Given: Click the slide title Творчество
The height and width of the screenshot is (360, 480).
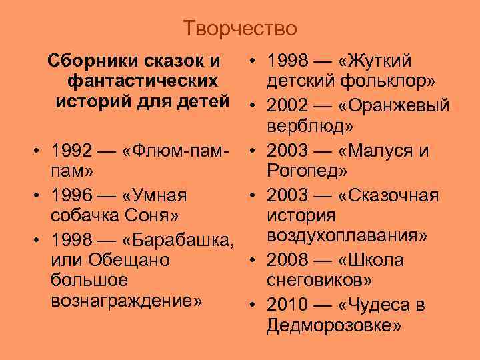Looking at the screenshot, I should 240,29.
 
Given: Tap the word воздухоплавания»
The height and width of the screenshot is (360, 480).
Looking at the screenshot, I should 347,236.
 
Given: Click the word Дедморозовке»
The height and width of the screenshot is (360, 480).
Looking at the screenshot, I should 333,325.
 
